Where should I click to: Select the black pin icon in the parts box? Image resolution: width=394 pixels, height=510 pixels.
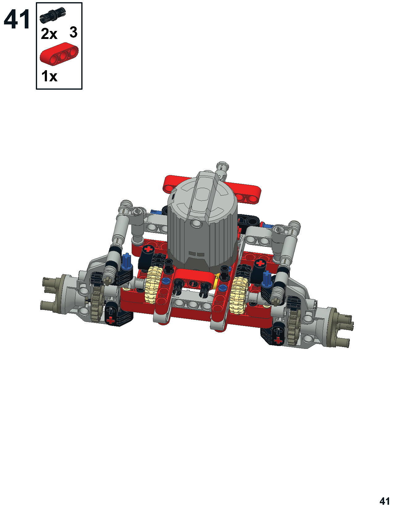coord(53,15)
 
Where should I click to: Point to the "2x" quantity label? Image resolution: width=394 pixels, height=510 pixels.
coord(49,34)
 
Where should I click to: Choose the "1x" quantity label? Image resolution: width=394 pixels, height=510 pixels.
coord(49,76)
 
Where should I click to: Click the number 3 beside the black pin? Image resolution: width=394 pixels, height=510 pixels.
coord(73,32)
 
